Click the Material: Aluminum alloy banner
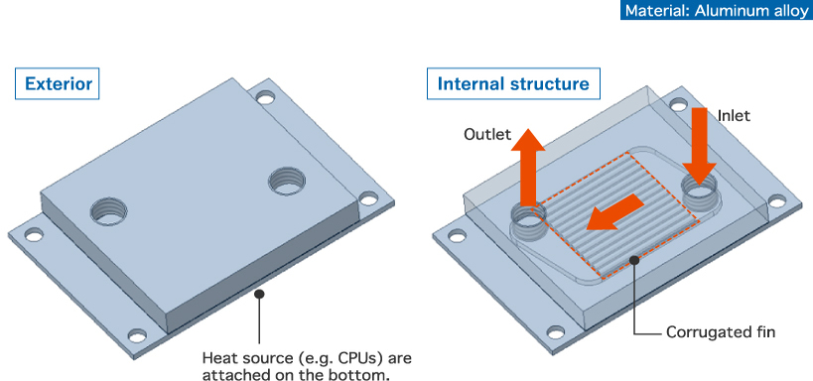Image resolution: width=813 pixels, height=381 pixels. point(717,10)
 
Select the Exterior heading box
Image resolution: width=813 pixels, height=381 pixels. point(57,83)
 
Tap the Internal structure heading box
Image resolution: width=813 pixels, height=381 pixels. point(513,83)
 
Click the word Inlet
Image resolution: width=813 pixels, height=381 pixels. point(734,116)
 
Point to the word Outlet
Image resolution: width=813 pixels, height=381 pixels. point(487,135)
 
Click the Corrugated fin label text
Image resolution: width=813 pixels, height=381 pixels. point(721,331)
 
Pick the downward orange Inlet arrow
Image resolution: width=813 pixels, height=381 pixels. point(699,146)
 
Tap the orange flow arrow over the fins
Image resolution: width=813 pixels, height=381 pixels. point(614,212)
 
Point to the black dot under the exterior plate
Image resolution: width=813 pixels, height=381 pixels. point(260,294)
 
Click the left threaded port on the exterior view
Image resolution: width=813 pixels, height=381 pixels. point(108,211)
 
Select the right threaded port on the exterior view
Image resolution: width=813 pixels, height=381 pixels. point(287,181)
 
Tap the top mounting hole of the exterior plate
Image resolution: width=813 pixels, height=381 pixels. point(265,97)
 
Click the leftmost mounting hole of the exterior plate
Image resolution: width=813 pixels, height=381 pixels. point(34,236)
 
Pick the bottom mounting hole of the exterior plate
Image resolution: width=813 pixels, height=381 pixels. point(137,335)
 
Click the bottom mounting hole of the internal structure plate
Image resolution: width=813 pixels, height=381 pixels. point(555,331)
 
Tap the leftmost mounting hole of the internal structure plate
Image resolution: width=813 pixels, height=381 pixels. point(457,236)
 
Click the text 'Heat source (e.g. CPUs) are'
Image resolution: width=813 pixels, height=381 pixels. point(307,358)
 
